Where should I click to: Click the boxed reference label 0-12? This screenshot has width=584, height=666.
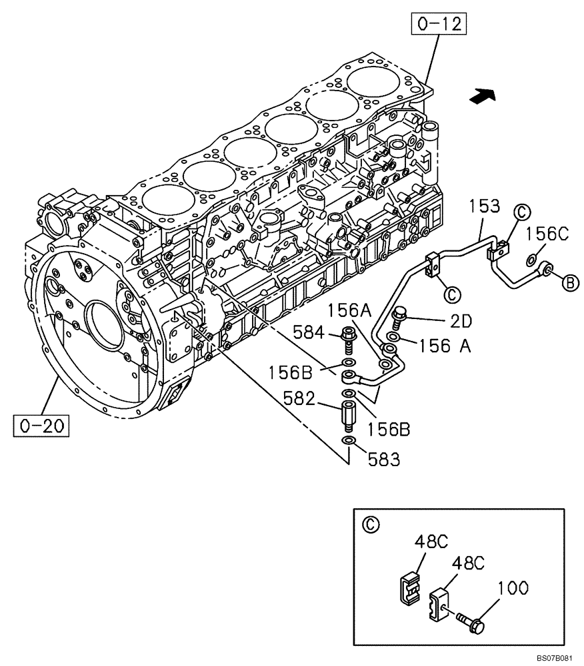tap(438, 25)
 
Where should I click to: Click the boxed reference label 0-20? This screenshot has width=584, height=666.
tap(41, 424)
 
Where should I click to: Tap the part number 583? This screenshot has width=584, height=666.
tap(384, 459)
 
